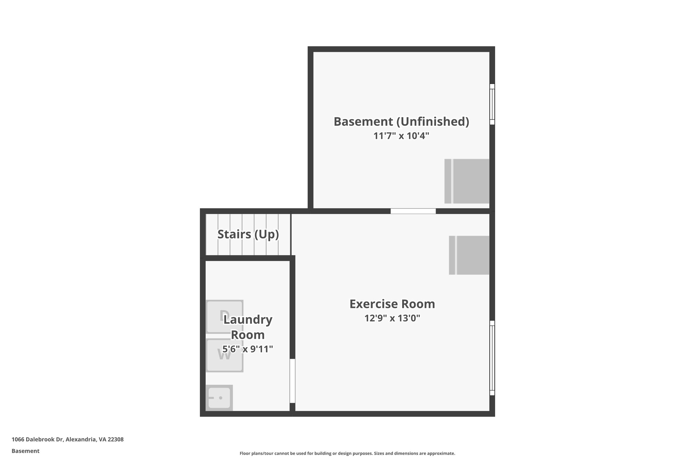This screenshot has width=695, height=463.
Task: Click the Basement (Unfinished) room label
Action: pos(401,121)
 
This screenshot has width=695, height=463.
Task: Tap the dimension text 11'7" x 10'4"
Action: pos(401,136)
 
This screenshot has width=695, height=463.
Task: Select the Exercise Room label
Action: pos(392,304)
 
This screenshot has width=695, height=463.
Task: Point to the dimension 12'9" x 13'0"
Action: pos(392,319)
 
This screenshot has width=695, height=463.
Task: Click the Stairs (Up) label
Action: pos(248,234)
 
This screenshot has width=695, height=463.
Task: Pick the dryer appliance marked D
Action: pos(224,316)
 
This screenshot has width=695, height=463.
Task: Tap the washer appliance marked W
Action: pos(224,355)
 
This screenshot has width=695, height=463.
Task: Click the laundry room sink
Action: pos(219,398)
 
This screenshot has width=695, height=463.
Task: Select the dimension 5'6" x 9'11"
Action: pos(248,349)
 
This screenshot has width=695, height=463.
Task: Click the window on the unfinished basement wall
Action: pos(492,104)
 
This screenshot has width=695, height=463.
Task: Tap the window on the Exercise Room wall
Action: pos(492,358)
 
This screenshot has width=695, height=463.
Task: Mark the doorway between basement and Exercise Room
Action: pos(413,211)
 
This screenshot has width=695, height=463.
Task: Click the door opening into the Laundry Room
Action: pos(292,381)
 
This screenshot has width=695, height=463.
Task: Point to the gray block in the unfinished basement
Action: pos(467,181)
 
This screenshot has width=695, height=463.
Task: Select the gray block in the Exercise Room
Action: pos(469,255)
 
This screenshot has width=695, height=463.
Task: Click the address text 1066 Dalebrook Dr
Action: pos(37,439)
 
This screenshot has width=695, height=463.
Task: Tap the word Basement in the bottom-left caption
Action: pos(25,451)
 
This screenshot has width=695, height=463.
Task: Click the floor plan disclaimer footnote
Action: pos(347,453)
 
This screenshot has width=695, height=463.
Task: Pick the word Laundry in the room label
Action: pos(248,320)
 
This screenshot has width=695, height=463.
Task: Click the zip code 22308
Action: pos(116,439)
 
